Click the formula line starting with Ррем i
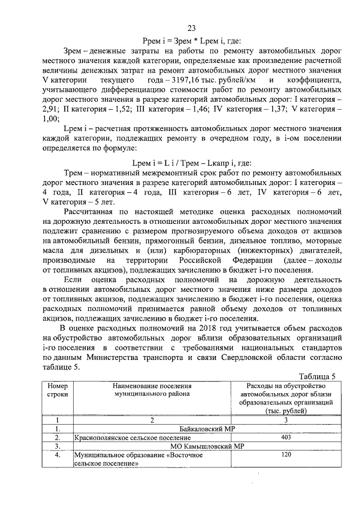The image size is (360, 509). (x=191, y=40)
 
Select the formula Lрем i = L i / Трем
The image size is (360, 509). (x=191, y=163)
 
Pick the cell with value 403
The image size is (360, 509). (x=285, y=437)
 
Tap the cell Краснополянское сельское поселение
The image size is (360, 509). (x=132, y=438)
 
